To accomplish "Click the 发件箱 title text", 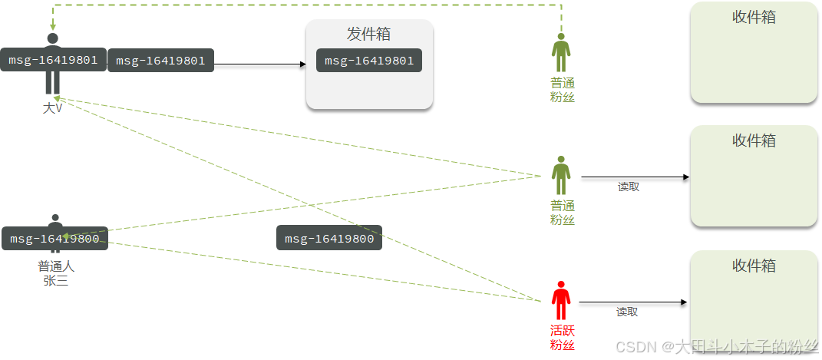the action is pyautogui.click(x=369, y=35).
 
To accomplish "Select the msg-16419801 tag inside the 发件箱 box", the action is pyautogui.click(x=369, y=61).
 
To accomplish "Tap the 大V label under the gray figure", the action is pyautogui.click(x=52, y=109).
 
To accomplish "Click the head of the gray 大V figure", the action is pyautogui.click(x=52, y=38).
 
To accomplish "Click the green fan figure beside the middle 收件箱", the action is pyautogui.click(x=562, y=176).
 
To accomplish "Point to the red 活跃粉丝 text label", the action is pyautogui.click(x=562, y=338).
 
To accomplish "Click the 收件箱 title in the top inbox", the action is pyautogui.click(x=754, y=17).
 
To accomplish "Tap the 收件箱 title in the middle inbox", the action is pyautogui.click(x=754, y=140).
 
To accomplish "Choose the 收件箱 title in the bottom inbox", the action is pyautogui.click(x=754, y=266).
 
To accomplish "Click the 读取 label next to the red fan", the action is pyautogui.click(x=627, y=312).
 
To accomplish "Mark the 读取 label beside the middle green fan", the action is pyautogui.click(x=629, y=187).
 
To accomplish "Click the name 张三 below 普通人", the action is pyautogui.click(x=56, y=281).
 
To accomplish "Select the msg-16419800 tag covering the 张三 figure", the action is pyautogui.click(x=54, y=239).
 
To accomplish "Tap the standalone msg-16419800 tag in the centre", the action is pyautogui.click(x=329, y=239).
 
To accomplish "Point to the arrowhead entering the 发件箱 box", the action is pyautogui.click(x=302, y=64).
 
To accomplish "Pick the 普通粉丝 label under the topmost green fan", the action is pyautogui.click(x=562, y=90).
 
